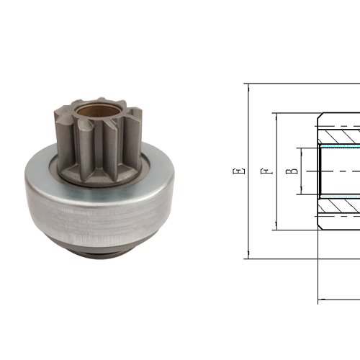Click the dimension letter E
[238, 171]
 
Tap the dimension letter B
[290, 171]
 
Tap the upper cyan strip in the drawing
[338, 146]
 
